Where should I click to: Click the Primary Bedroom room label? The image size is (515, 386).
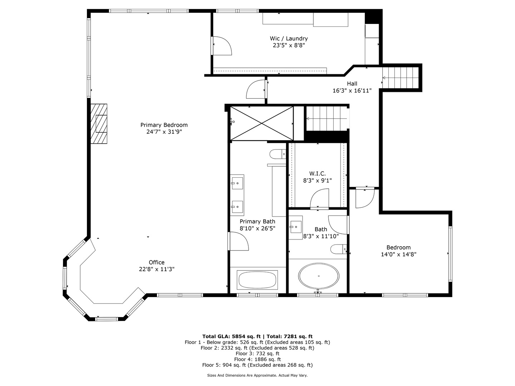coord(164,125)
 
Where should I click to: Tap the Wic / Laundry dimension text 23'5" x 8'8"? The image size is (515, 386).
coord(289,45)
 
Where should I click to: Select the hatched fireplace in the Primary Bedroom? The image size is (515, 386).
coord(99,124)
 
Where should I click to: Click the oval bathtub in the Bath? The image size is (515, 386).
coord(318,276)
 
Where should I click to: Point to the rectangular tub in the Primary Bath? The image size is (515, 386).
coord(257,280)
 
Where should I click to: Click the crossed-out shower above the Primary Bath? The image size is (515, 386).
coord(261,123)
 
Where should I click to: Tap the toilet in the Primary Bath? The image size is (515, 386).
coord(278,154)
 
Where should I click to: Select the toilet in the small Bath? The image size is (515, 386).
coord(338,249)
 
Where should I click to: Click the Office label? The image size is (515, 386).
coord(157,262)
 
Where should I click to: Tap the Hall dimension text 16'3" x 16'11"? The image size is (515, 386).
coord(352,91)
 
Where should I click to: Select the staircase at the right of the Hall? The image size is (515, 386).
coord(400,78)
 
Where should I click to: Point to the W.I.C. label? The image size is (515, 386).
coord(317,174)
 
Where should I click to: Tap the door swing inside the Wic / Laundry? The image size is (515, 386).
coord(222,45)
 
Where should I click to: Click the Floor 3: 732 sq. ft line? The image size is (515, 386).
coord(257,353)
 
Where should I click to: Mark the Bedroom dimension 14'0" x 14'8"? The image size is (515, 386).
coord(398,254)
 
